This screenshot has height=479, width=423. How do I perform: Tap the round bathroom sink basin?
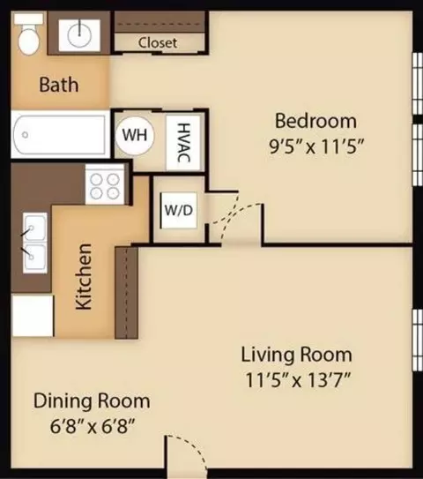pos(79,35)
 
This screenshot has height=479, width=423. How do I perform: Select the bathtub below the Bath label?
pos(61,134)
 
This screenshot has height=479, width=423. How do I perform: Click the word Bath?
pos(59,85)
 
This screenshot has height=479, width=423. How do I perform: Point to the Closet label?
pos(158,42)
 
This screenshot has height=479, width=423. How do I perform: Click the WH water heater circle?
pos(135,135)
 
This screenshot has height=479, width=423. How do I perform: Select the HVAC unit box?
pos(183,143)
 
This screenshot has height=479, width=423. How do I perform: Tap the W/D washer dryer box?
pos(179,210)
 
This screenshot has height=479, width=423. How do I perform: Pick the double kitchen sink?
pos(35,243)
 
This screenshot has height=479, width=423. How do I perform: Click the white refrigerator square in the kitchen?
pos(33,316)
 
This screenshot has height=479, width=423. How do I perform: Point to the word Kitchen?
pos(84,277)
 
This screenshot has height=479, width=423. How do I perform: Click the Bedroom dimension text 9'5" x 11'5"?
pos(316,147)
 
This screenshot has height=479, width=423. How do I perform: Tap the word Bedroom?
pos(315,121)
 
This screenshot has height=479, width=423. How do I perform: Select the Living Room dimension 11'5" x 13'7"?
pos(297,380)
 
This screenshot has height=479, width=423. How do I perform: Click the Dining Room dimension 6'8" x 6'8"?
pos(93,426)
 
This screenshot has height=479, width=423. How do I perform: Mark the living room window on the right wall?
pos(417,340)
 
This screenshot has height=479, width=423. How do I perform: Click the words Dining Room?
pos(92,400)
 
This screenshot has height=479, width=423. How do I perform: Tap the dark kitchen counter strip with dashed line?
pos(126,293)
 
